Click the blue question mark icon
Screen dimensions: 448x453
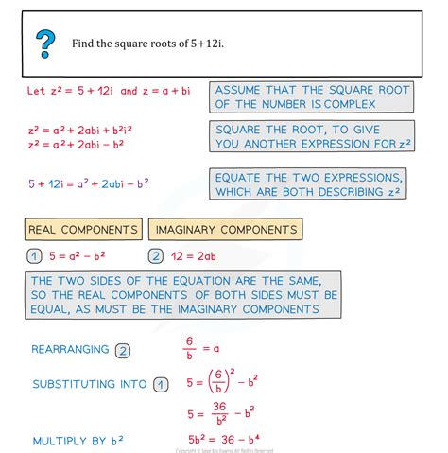click(45, 42)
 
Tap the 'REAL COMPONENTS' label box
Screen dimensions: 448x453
click(83, 229)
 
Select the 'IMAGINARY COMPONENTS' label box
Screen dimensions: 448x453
click(227, 229)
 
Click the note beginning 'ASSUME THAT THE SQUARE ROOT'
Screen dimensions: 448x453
click(311, 98)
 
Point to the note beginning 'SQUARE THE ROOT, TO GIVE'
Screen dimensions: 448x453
click(311, 137)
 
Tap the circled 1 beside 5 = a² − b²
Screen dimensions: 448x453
click(35, 256)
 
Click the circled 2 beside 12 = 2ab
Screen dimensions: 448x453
click(156, 256)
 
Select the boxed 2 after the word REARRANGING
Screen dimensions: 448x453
click(122, 350)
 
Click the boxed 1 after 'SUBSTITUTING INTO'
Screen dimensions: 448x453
click(163, 384)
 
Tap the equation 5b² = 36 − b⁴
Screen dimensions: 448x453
click(232, 441)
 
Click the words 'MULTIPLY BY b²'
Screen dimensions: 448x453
click(78, 441)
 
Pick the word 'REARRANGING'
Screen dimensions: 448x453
click(71, 350)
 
